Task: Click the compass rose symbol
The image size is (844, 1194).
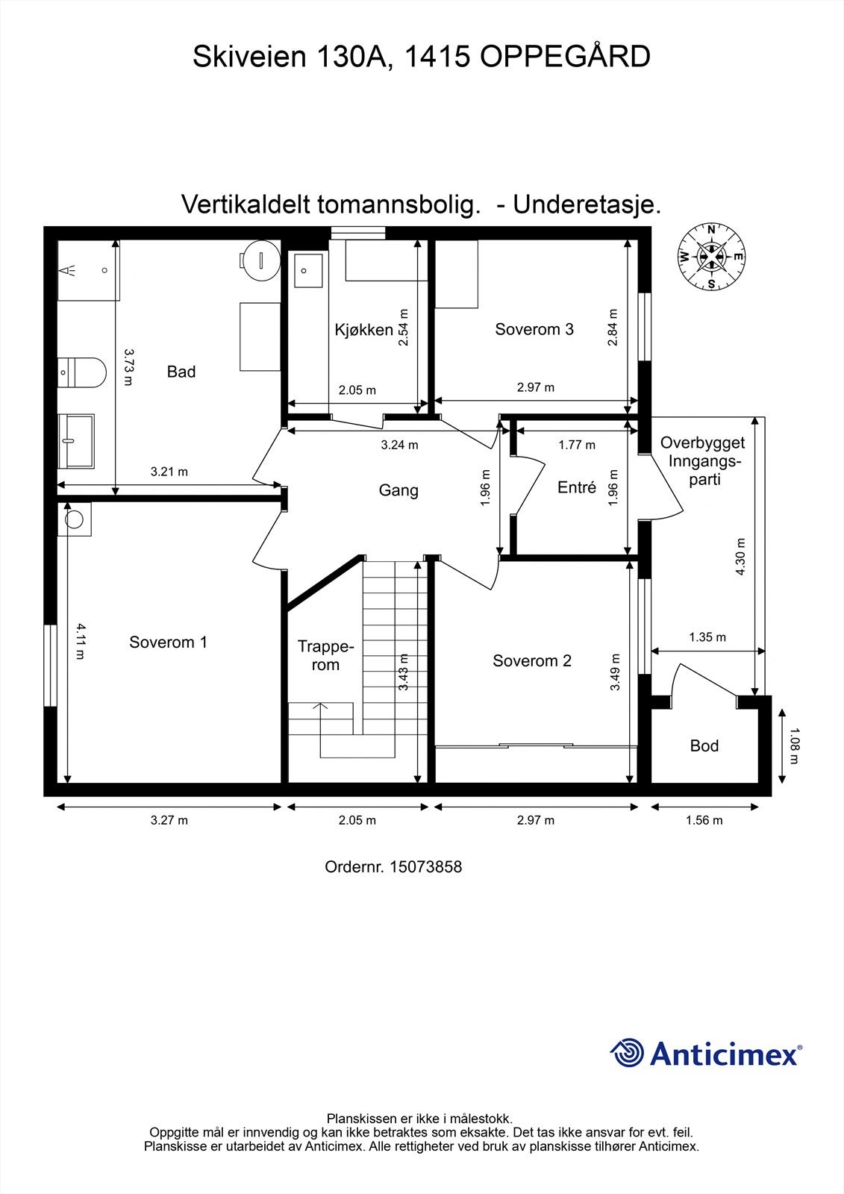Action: (x=711, y=257)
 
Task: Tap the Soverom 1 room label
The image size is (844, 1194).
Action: (x=168, y=643)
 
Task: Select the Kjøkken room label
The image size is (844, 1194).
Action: (x=363, y=330)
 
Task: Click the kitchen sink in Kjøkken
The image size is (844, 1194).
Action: (x=308, y=271)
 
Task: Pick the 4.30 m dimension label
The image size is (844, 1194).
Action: (x=740, y=557)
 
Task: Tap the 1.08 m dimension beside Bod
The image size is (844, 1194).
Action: (x=794, y=746)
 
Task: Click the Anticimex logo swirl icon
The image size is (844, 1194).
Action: (x=627, y=1053)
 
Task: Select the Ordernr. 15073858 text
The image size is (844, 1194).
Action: (x=393, y=867)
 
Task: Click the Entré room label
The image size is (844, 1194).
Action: (x=577, y=488)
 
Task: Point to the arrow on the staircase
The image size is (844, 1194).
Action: (x=321, y=706)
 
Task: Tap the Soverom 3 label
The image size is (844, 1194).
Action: (x=534, y=329)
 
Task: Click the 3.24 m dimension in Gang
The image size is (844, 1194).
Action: (x=399, y=446)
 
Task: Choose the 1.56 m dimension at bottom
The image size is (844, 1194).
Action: (x=704, y=821)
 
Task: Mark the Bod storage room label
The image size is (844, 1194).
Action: (x=704, y=746)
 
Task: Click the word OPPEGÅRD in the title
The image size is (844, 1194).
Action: (x=565, y=57)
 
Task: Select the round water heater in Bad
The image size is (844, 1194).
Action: (x=260, y=258)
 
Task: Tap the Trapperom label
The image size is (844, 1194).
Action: (x=325, y=655)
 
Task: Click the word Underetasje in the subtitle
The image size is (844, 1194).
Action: (x=587, y=204)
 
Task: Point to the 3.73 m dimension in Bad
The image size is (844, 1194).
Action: (x=127, y=366)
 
